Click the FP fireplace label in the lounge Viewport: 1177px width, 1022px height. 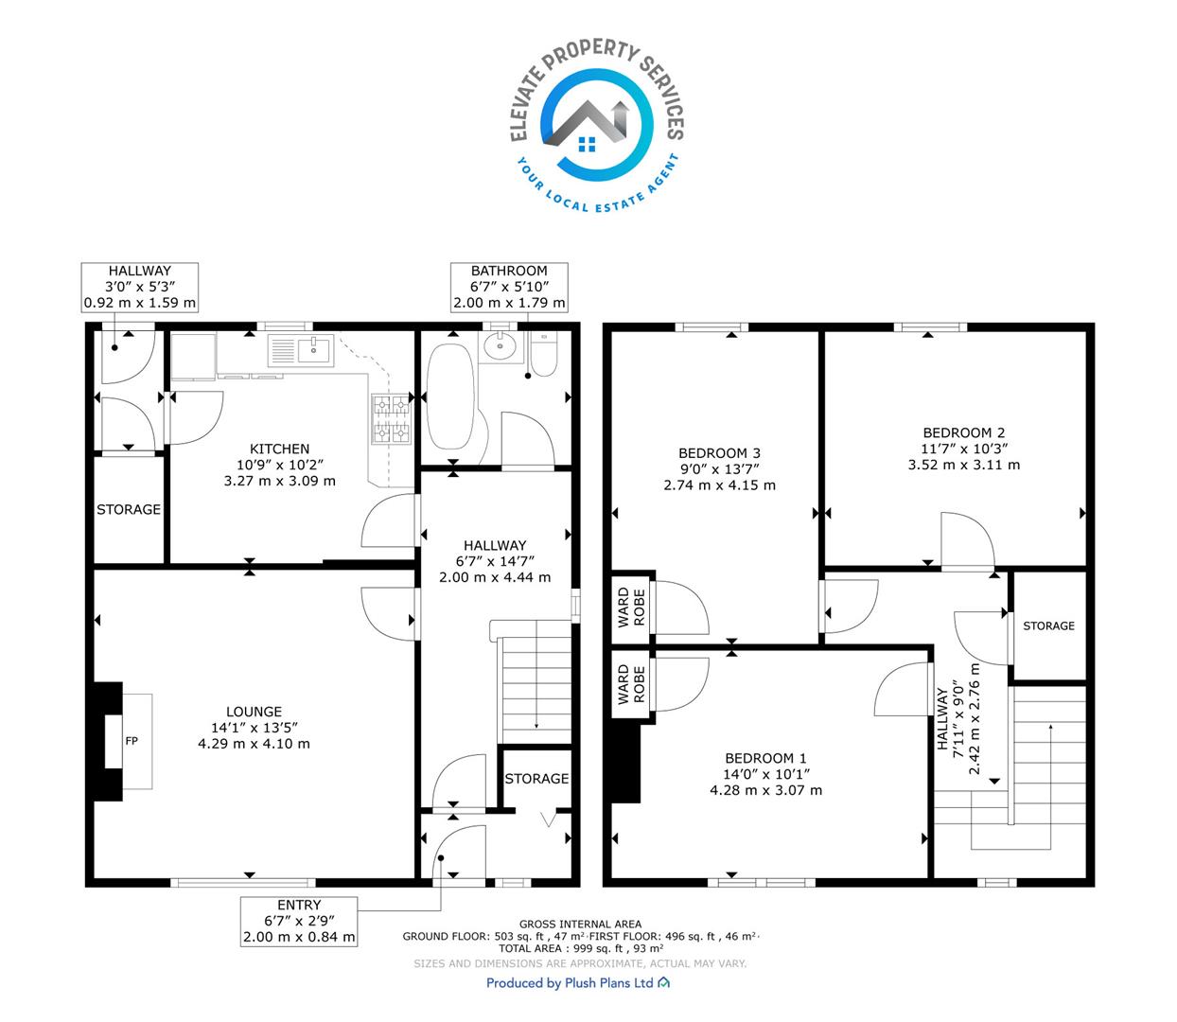tap(132, 741)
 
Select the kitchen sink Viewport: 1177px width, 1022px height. tap(300, 350)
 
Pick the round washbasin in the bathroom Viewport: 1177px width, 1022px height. tap(500, 346)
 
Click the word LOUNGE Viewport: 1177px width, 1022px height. tap(254, 712)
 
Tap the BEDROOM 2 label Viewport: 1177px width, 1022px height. tap(963, 432)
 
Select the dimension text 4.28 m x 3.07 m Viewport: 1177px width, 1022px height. tap(765, 790)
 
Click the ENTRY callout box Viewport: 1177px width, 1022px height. tap(299, 921)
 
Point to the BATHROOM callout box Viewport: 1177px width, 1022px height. tap(509, 287)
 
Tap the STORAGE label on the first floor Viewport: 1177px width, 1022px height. tap(1048, 626)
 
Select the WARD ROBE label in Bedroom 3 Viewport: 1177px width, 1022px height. tap(631, 608)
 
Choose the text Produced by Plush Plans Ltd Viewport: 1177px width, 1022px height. tap(570, 983)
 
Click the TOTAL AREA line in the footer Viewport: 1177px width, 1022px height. tap(580, 948)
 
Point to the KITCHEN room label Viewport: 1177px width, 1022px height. tap(279, 449)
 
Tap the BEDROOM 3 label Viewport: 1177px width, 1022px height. tap(719, 452)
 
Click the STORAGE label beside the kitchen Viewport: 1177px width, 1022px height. tap(129, 509)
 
